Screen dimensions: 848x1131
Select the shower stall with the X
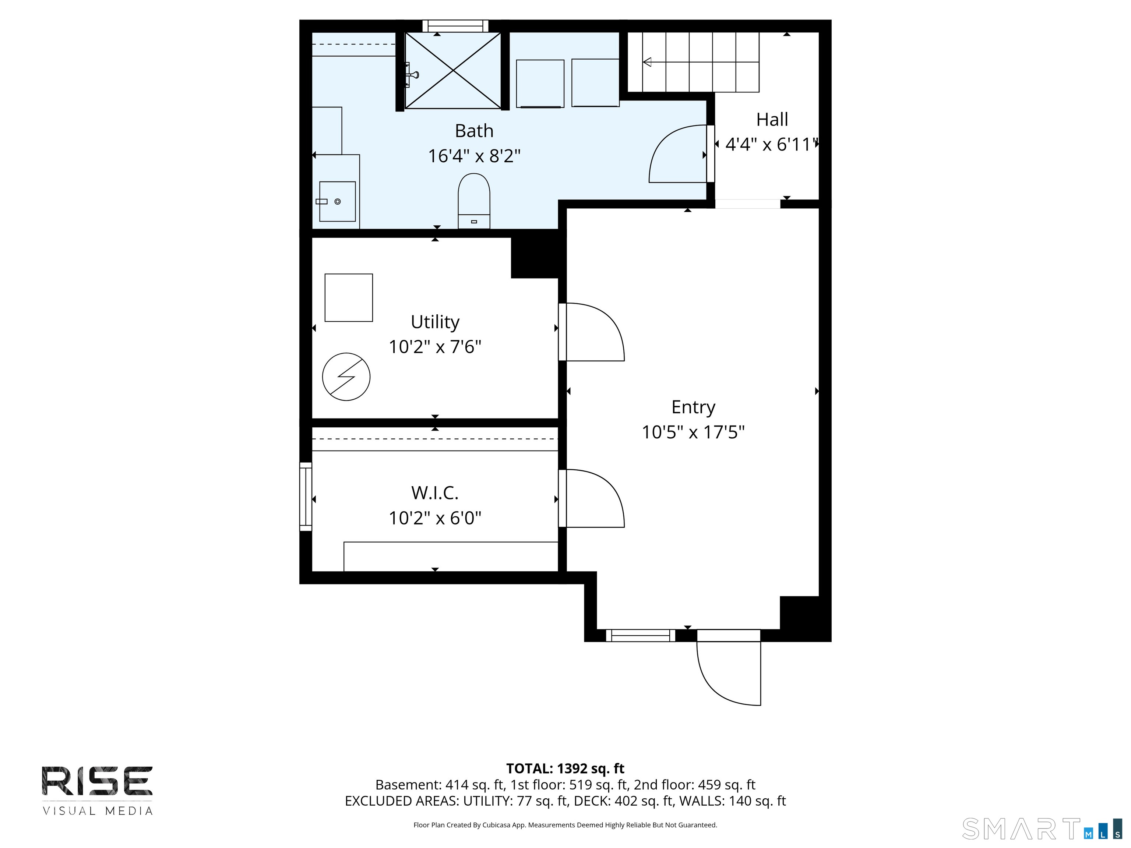[x=453, y=71]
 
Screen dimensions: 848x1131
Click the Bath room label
[x=474, y=131]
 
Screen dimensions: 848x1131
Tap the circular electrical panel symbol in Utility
[x=346, y=377]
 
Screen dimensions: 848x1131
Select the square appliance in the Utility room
[x=349, y=297]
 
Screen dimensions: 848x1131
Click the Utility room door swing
[x=593, y=332]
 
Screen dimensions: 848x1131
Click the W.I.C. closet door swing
[x=593, y=498]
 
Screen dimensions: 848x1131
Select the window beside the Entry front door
[x=640, y=635]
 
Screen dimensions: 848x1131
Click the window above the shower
[x=455, y=25]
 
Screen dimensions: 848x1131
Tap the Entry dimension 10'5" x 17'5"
[x=693, y=432]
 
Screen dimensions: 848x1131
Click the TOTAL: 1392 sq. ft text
[x=565, y=768]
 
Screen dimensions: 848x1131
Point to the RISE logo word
[x=97, y=781]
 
